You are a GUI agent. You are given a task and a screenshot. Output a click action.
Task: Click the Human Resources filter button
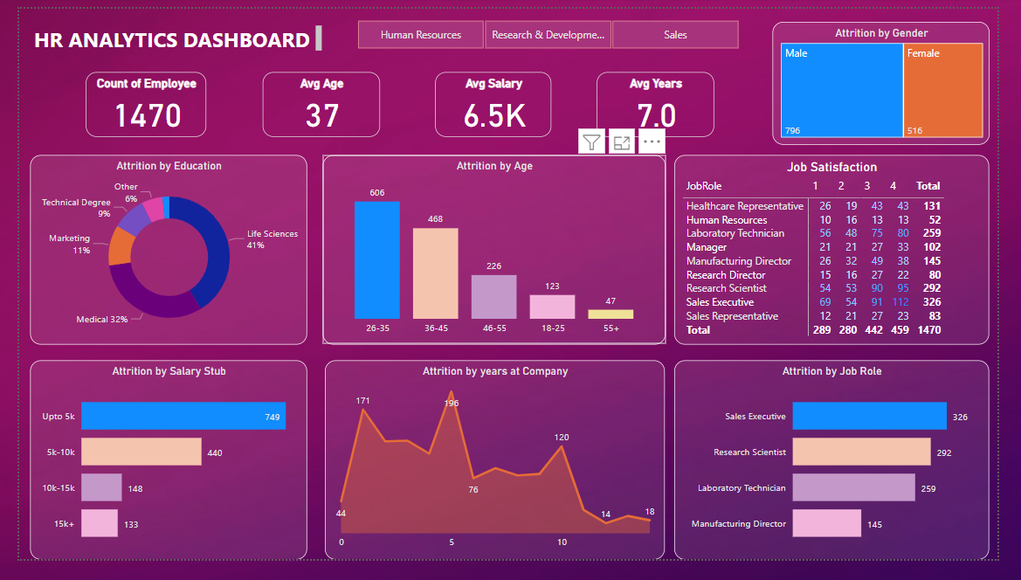pyautogui.click(x=420, y=35)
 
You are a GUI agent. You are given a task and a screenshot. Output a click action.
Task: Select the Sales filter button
pyautogui.click(x=674, y=35)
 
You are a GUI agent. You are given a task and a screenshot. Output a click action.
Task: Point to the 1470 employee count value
pyautogui.click(x=148, y=115)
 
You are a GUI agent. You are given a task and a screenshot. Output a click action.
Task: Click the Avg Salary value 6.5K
pyautogui.click(x=493, y=115)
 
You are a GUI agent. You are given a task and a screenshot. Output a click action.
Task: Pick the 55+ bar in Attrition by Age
pyautogui.click(x=611, y=314)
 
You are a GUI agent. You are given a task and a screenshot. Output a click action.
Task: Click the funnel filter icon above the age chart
pyautogui.click(x=592, y=142)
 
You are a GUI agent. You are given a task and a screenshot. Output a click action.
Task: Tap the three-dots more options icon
pyautogui.click(x=652, y=142)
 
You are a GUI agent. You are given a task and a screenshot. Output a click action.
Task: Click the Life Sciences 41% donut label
pyautogui.click(x=272, y=238)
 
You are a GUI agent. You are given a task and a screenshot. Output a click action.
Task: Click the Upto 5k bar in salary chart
pyautogui.click(x=183, y=417)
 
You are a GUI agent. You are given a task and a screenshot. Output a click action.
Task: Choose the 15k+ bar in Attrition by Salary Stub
pyautogui.click(x=100, y=523)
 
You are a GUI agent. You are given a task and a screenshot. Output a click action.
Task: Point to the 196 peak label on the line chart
pyautogui.click(x=451, y=404)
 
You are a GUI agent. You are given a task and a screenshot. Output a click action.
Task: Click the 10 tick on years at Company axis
pyautogui.click(x=562, y=542)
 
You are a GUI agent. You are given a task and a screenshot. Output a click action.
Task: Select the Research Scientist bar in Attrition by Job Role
pyautogui.click(x=861, y=452)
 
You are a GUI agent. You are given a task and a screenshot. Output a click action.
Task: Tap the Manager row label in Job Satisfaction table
pyautogui.click(x=707, y=247)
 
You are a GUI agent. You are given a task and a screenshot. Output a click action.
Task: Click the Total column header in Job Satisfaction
pyautogui.click(x=928, y=186)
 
